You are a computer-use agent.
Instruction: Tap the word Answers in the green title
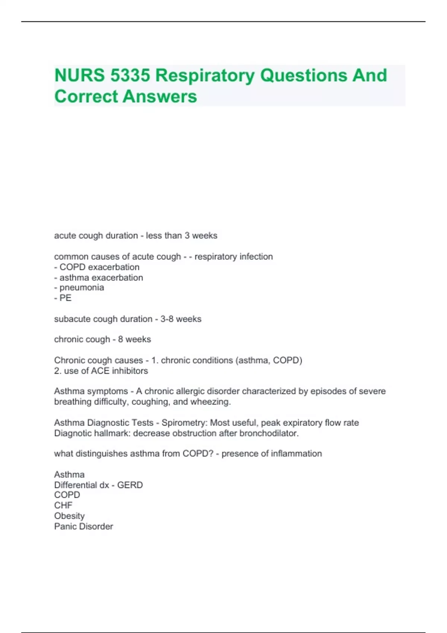click(160, 96)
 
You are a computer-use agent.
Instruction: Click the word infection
click(256, 257)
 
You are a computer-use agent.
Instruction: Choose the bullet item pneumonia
click(82, 287)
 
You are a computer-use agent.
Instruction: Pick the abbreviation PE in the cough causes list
click(66, 298)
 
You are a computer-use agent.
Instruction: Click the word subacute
click(71, 319)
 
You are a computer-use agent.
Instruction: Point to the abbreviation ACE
click(100, 371)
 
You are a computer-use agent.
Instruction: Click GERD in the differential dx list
click(130, 485)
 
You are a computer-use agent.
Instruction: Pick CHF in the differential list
click(63, 505)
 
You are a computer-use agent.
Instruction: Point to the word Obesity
click(69, 516)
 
